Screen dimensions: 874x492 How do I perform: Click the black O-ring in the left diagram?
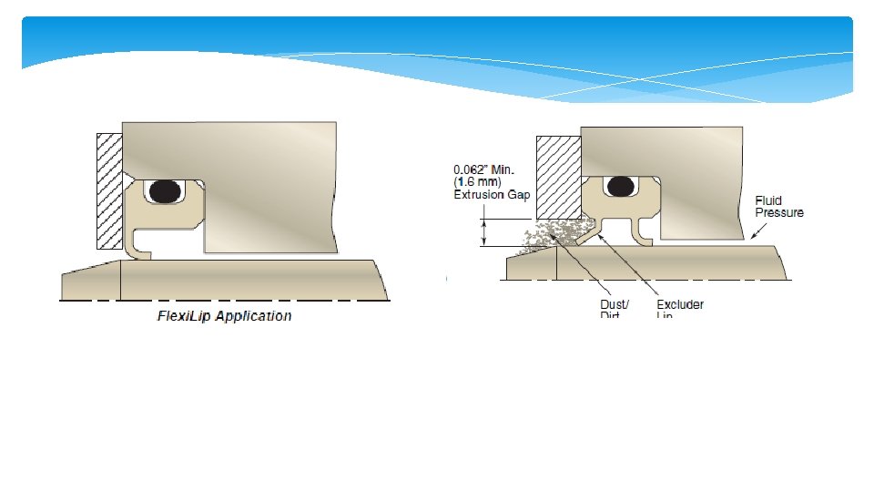pos(165,190)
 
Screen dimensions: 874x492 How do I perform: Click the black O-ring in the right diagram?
pos(622,186)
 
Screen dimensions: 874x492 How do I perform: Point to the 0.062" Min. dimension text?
pos(490,169)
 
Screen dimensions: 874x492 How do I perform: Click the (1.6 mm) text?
pos(478,182)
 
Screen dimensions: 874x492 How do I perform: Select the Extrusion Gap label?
pos(491,195)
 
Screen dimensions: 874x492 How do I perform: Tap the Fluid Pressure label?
pos(779,206)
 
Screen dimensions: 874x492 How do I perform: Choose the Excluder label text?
pos(680,304)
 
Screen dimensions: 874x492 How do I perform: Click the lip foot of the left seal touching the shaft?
pos(137,251)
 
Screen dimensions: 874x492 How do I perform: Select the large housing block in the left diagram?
pos(273,182)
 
